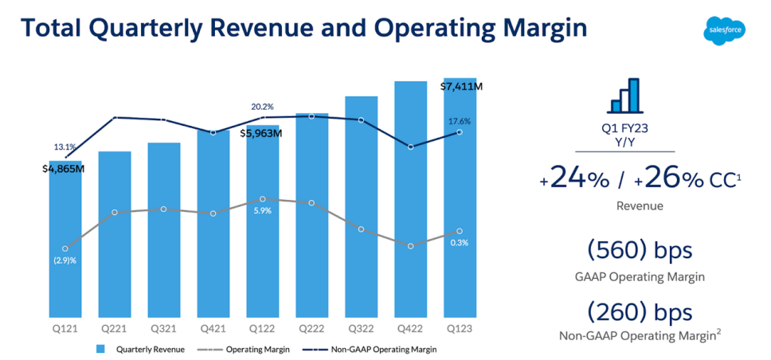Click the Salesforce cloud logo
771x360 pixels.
(x=722, y=30)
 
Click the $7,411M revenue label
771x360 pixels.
(x=461, y=86)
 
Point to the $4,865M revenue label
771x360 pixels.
(x=64, y=169)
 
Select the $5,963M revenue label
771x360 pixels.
(x=261, y=133)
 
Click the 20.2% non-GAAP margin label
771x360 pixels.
(x=262, y=107)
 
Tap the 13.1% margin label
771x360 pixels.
(x=65, y=147)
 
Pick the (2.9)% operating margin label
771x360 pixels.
(x=65, y=260)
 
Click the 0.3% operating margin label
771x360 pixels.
(x=460, y=243)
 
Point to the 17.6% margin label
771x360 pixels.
(x=460, y=121)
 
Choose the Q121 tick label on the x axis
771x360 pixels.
(x=65, y=327)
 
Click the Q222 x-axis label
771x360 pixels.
(x=311, y=327)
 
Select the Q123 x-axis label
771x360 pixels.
(x=460, y=327)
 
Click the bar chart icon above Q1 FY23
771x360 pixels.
(x=624, y=96)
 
